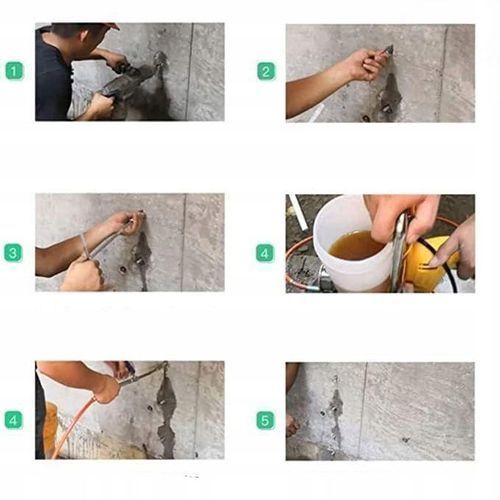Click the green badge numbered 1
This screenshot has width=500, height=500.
pos(14,71)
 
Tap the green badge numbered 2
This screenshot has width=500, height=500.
pos(266,71)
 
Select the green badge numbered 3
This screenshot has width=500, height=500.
pos(13,253)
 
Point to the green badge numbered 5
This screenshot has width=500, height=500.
pos(265,420)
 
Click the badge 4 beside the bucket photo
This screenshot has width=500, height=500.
pos(265,253)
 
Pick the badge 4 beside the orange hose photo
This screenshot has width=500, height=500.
pos(13,420)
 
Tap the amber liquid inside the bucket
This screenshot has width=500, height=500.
pos(355,246)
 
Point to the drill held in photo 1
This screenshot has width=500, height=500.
pos(128,80)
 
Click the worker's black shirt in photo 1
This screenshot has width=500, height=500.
pos(52,80)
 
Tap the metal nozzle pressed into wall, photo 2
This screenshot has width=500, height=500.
pos(388,50)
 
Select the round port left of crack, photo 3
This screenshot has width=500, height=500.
pos(123,269)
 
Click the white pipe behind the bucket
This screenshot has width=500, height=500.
pos(299,212)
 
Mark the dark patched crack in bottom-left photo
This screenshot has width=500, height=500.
pos(166,413)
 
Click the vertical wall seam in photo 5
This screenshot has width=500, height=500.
pos(363,410)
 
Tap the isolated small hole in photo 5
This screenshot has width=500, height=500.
pos(405,440)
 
